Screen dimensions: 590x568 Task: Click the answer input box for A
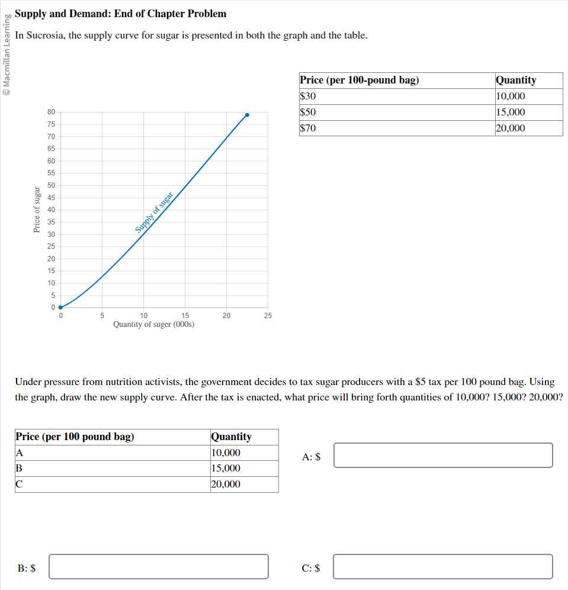point(443,455)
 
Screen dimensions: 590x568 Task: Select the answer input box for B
point(159,566)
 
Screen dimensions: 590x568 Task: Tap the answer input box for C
point(443,566)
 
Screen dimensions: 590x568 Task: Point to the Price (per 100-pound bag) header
point(360,80)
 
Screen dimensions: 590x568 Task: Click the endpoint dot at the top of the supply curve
point(247,115)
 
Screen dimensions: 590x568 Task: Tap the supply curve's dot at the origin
point(60,307)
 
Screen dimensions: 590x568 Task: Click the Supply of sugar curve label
point(154,212)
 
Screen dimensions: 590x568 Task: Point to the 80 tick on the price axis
point(52,112)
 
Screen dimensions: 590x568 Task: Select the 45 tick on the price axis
point(52,197)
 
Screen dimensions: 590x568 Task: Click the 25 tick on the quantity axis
point(268,316)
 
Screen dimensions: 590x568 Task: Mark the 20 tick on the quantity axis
point(226,316)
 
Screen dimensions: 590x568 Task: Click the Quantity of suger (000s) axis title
point(154,325)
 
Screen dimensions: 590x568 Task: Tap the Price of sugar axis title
point(37,209)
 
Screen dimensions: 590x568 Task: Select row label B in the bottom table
point(18,469)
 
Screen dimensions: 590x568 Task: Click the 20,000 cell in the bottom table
point(226,485)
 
